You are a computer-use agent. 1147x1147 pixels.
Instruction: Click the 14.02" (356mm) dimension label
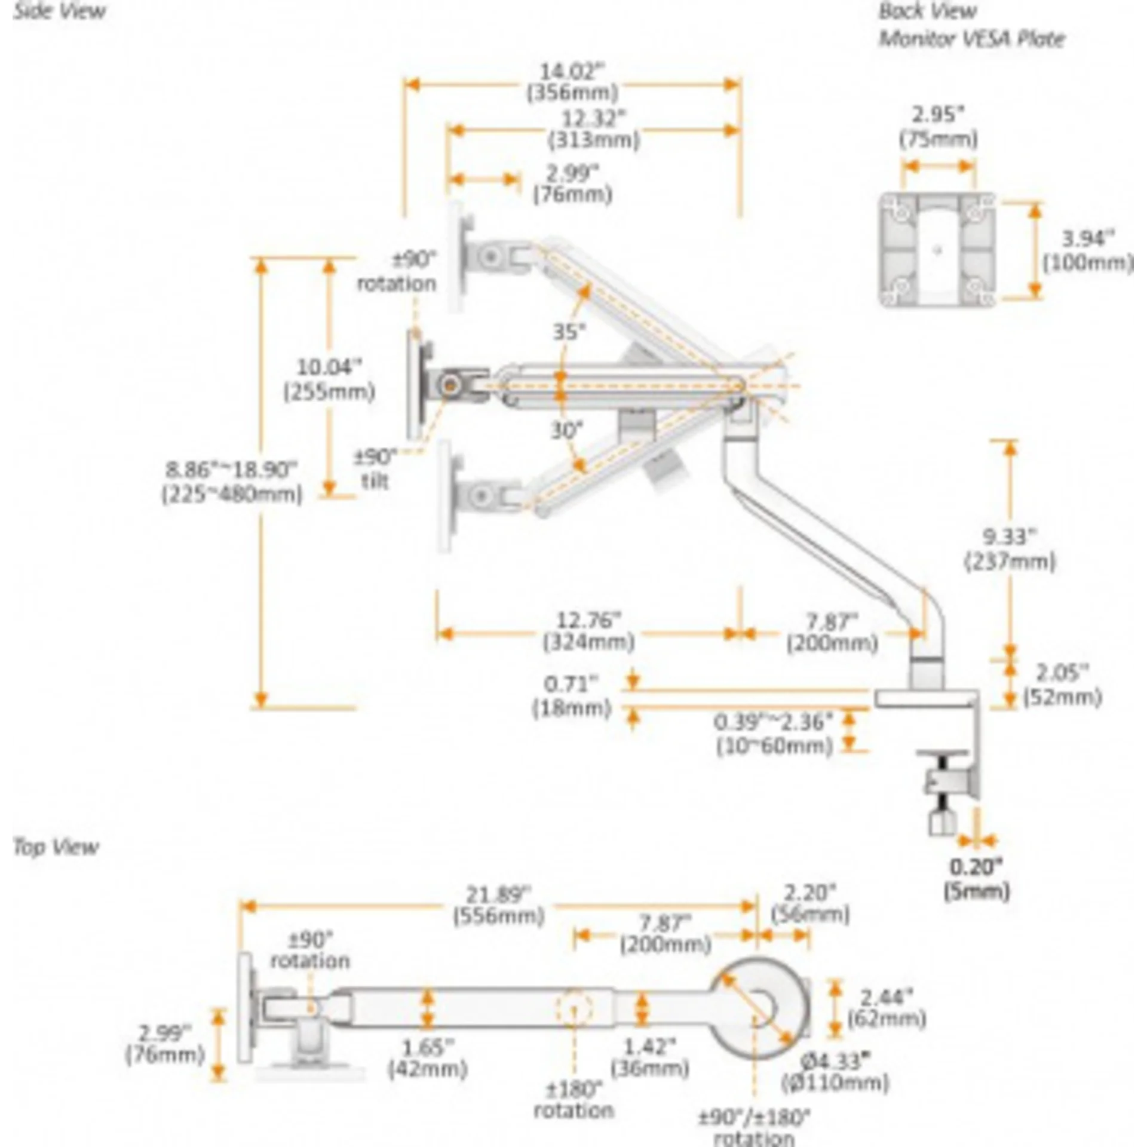click(571, 82)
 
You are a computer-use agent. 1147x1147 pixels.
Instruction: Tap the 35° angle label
click(569, 332)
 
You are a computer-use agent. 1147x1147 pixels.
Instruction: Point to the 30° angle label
click(566, 430)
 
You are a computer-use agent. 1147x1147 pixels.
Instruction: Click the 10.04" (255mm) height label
click(329, 379)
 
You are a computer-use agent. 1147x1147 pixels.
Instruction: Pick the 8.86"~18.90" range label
click(232, 482)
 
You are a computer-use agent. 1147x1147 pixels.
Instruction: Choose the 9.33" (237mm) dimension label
click(1010, 549)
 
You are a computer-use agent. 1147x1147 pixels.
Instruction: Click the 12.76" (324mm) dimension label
click(588, 631)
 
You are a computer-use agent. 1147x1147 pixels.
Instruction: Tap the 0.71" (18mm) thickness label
click(572, 696)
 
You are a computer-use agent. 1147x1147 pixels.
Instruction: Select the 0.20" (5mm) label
click(976, 878)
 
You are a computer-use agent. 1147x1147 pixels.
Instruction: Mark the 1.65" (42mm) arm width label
click(427, 1058)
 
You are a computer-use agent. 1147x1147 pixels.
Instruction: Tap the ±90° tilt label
click(375, 469)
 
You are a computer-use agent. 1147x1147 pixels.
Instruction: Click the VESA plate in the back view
click(937, 250)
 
